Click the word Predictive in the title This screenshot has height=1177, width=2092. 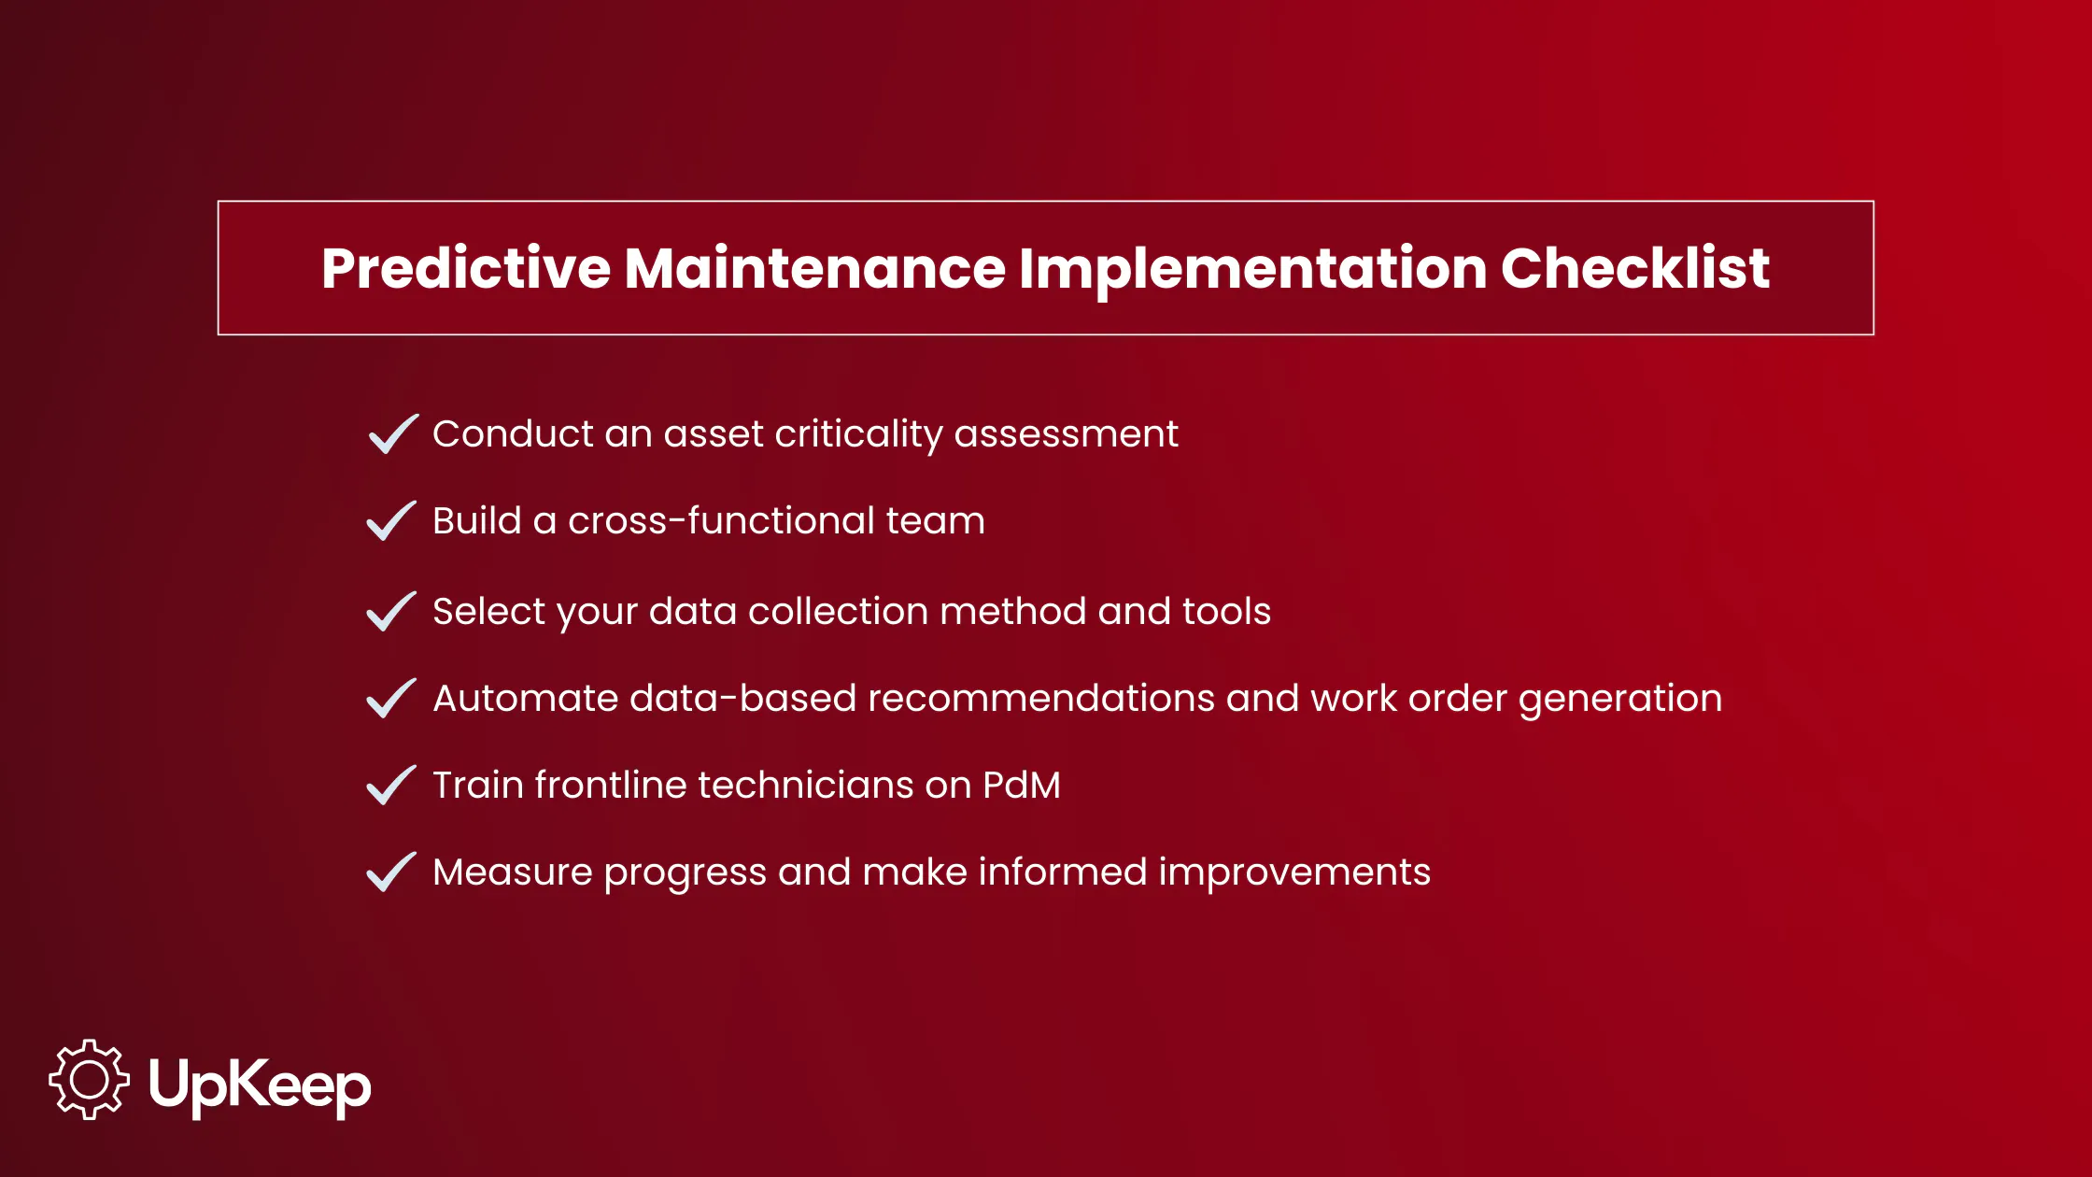pos(465,269)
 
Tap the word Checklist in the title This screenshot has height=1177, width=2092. pos(1634,269)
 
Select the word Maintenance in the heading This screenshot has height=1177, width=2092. pos(814,269)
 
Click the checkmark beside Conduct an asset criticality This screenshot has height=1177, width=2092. pos(392,434)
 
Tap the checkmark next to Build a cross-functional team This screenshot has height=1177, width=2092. pos(390,521)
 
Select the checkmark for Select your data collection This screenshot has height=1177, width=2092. pos(390,612)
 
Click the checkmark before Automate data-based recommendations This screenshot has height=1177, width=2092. pos(390,699)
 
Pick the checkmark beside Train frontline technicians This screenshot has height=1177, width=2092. pos(390,786)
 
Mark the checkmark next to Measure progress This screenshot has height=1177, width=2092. pos(390,872)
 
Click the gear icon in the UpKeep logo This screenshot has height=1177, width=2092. pos(90,1080)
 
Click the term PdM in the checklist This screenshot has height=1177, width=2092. pos(1022,786)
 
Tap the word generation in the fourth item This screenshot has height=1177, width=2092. pos(1619,700)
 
